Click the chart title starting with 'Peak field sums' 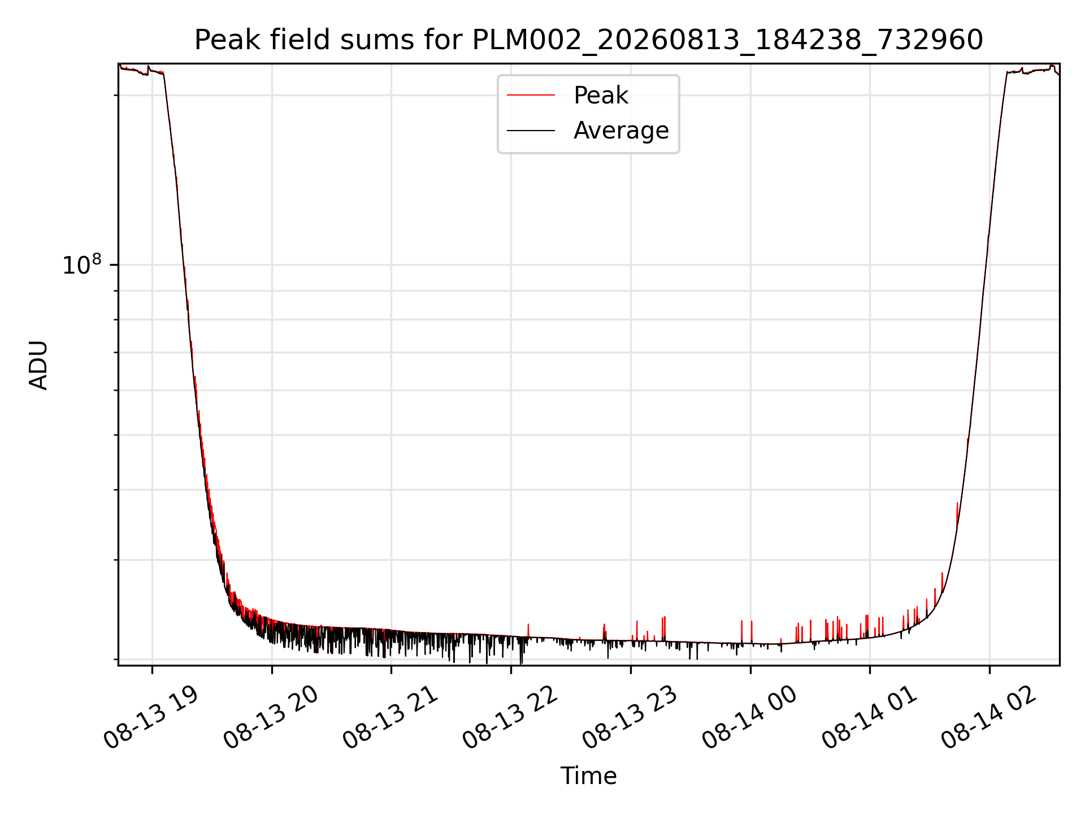click(x=588, y=40)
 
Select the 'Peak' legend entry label click(x=601, y=96)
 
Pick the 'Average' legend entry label click(x=621, y=131)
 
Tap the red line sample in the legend click(x=531, y=96)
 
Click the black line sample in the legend click(x=531, y=131)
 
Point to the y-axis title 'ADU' click(x=38, y=365)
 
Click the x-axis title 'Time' click(x=588, y=776)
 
